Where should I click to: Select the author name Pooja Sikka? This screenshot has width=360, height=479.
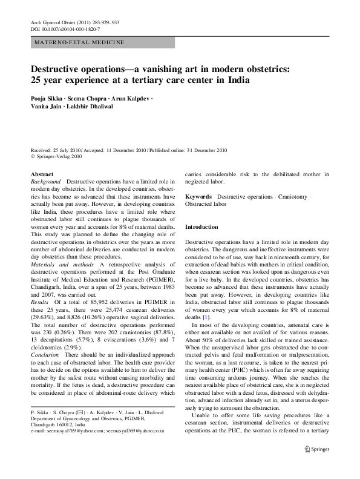coord(48,98)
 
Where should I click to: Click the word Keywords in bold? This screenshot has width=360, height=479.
coord(198,197)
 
